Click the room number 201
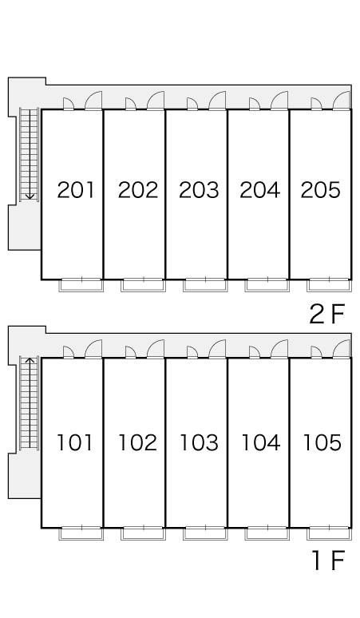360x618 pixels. (x=76, y=190)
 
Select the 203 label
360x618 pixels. (x=199, y=190)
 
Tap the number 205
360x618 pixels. (x=321, y=190)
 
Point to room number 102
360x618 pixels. (x=138, y=442)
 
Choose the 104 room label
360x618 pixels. (x=260, y=442)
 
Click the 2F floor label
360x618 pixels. (x=327, y=315)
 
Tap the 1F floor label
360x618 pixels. (x=329, y=561)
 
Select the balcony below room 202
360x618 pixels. (x=144, y=285)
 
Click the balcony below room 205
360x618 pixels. (x=330, y=285)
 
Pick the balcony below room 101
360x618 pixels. (x=81, y=533)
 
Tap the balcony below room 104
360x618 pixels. (x=267, y=533)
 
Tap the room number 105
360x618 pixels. (x=322, y=442)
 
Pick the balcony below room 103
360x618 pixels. (x=205, y=533)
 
